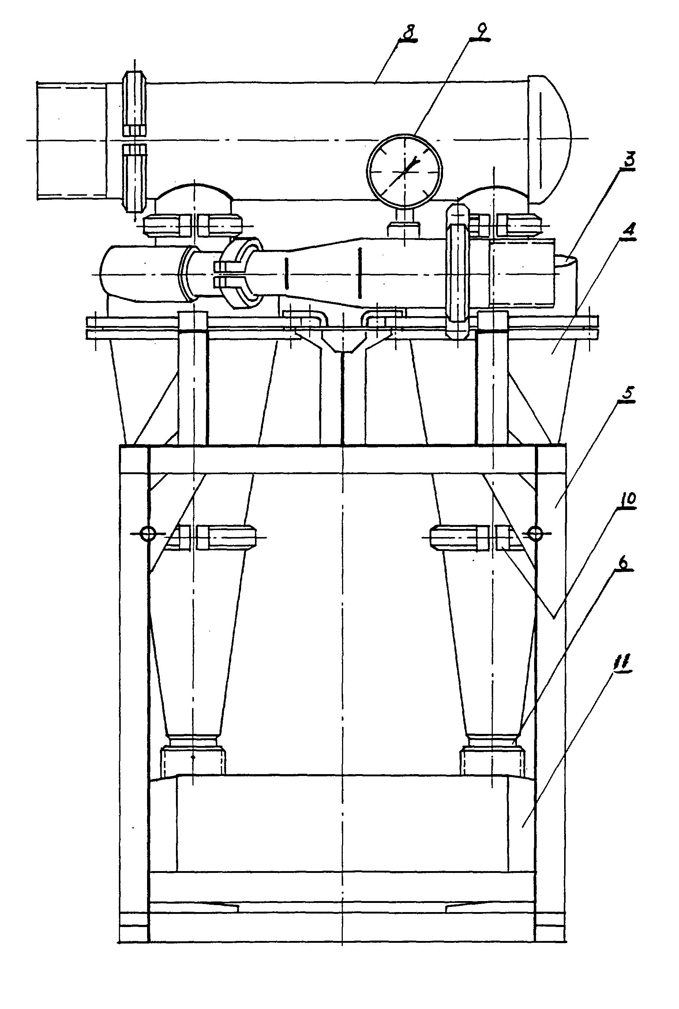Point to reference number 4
click(x=629, y=229)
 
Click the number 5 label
click(x=628, y=394)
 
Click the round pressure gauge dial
click(x=405, y=170)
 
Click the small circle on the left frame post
click(x=148, y=533)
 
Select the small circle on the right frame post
click(x=537, y=533)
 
